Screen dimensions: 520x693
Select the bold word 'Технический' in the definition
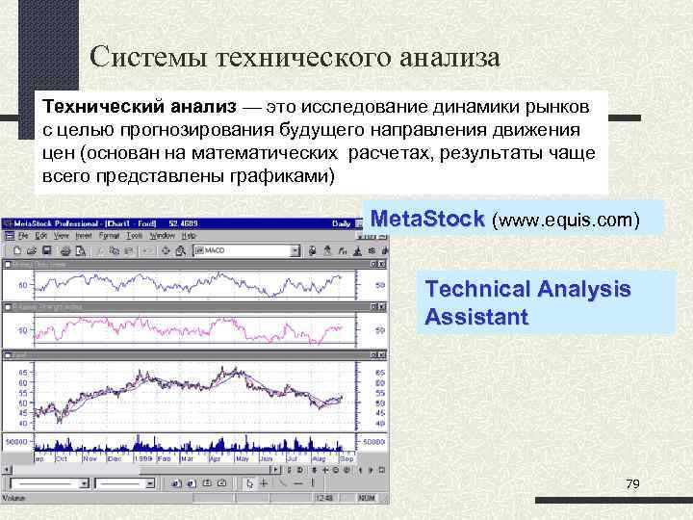[105, 105]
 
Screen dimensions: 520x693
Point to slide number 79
[632, 483]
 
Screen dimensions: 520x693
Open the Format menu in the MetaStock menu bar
[109, 235]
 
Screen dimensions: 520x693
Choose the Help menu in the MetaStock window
[190, 235]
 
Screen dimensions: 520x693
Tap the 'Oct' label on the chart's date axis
[63, 458]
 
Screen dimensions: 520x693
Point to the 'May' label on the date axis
[252, 458]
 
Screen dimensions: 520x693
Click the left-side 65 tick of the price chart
[22, 371]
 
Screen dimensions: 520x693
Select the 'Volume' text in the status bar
[16, 498]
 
